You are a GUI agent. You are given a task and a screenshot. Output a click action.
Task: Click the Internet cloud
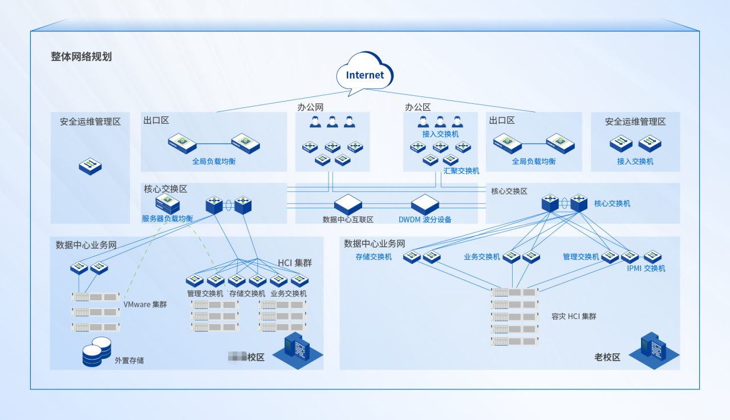coord(365,74)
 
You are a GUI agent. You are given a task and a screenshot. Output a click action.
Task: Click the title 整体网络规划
coord(81,57)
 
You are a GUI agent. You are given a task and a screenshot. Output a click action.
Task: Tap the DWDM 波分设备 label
coord(425,219)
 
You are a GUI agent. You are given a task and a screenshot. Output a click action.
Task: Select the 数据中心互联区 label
coord(348,219)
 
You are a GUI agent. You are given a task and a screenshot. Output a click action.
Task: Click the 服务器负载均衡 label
coord(168,219)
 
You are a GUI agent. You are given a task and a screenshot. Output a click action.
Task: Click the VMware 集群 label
coord(145,304)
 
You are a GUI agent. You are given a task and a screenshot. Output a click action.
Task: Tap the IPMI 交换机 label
coord(646,268)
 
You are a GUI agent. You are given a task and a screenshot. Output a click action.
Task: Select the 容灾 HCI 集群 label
coord(574,316)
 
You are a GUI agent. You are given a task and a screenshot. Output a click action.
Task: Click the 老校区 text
coord(607,357)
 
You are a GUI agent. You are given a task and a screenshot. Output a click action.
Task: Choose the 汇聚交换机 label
coord(461,171)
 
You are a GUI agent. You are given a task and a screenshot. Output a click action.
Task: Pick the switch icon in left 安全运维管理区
coord(90,166)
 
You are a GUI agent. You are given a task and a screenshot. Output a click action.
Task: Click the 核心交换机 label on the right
coord(612,203)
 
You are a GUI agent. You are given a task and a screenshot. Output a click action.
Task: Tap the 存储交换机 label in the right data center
coord(374,257)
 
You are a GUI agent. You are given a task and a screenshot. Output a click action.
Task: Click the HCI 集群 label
coord(295,262)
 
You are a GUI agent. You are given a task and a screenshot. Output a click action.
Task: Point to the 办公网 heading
coord(310,107)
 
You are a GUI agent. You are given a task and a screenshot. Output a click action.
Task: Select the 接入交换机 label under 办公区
coord(440,134)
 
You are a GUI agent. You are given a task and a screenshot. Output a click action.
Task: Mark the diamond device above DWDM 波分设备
coord(425,204)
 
